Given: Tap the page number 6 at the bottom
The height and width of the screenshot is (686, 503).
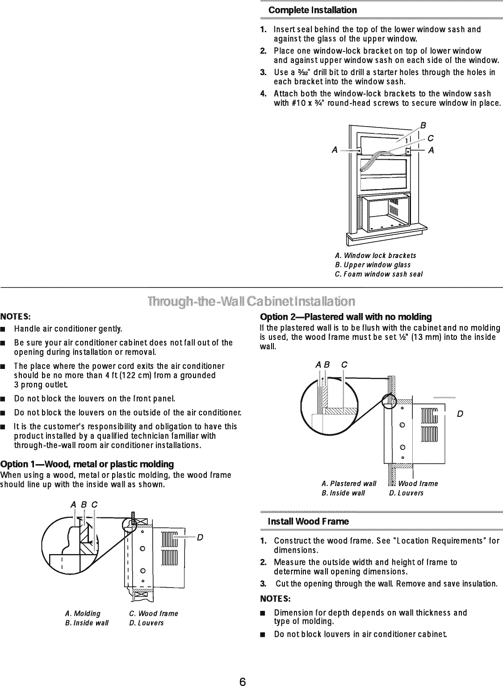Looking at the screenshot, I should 242,669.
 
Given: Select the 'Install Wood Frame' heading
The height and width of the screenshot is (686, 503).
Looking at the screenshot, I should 308,521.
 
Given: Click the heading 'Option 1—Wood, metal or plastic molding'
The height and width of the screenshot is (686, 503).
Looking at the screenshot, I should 88,463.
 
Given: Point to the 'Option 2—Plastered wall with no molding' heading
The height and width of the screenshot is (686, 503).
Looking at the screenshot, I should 346,317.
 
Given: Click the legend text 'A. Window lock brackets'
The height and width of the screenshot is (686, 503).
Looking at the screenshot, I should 375,255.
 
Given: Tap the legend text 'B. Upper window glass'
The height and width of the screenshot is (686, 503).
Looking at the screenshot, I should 373,265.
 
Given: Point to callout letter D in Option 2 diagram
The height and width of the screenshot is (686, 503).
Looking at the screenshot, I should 460,414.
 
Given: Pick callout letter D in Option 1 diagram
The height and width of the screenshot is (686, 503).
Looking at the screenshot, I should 200,538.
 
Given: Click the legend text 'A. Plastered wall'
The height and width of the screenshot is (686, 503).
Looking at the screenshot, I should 348,483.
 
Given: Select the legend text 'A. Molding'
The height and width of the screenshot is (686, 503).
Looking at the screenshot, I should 83,613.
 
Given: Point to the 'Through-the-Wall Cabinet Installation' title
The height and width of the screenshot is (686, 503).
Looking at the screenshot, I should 251,300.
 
